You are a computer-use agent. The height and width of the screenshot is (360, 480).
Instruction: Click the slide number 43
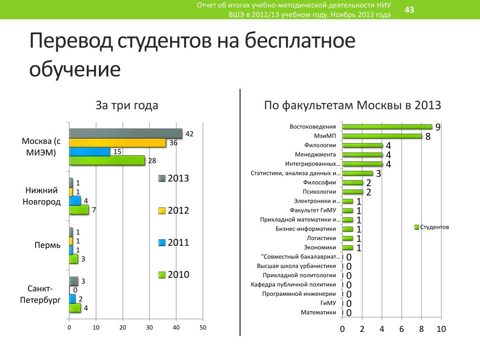[409, 10]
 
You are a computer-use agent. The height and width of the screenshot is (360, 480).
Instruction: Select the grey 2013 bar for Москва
[125, 134]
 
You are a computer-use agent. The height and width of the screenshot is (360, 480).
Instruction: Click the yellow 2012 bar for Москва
[117, 142]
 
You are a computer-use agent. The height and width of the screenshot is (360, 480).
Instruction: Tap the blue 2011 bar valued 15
[89, 151]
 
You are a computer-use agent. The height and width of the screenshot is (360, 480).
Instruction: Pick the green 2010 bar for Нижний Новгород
[78, 210]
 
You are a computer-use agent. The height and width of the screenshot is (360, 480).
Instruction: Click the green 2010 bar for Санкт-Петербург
[75, 308]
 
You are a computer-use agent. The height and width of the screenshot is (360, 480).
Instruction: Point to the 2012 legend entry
[174, 210]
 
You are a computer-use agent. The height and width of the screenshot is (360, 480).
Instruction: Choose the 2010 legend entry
[174, 275]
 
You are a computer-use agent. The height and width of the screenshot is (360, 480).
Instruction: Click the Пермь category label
[47, 245]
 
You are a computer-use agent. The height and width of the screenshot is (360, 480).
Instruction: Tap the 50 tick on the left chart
[203, 328]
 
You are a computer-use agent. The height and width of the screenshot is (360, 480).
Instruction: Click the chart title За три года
[127, 105]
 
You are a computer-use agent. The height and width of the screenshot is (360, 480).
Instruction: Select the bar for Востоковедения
[387, 127]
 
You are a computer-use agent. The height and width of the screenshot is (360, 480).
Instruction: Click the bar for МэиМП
[382, 136]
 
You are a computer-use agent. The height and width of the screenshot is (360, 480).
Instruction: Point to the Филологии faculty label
[319, 145]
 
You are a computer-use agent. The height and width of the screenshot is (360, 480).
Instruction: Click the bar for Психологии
[352, 192]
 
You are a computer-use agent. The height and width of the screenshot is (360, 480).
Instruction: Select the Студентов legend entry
[432, 227]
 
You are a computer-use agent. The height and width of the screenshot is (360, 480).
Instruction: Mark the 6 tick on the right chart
[401, 329]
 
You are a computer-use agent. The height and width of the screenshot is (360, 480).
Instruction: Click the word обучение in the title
[75, 69]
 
